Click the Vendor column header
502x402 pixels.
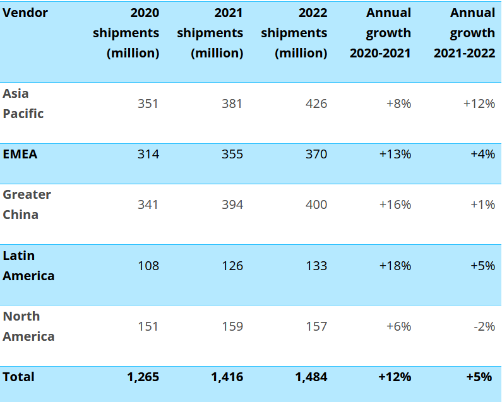click(x=25, y=13)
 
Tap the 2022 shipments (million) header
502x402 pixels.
click(x=294, y=33)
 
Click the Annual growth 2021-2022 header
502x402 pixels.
click(x=464, y=33)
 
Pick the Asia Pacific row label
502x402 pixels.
click(x=23, y=103)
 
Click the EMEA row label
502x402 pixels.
click(x=20, y=154)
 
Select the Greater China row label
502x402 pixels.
click(x=27, y=204)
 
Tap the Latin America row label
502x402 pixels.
click(x=28, y=266)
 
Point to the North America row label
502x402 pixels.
click(x=28, y=326)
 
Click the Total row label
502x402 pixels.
click(x=19, y=377)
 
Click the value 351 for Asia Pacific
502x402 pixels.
click(x=148, y=103)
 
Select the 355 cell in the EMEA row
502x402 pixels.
click(x=232, y=154)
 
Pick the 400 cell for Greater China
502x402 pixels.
click(x=316, y=204)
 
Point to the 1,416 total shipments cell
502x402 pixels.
click(x=227, y=377)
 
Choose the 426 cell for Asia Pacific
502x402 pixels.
click(x=316, y=103)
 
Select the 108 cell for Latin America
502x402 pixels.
click(x=148, y=266)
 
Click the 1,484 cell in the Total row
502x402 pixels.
click(x=311, y=377)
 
